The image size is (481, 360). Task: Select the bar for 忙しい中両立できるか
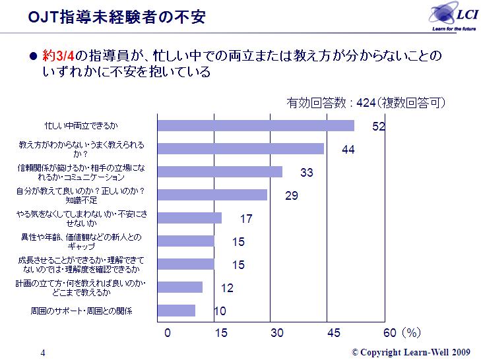[255, 125]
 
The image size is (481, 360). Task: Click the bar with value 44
[240, 149]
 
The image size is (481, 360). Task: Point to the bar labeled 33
[220, 172]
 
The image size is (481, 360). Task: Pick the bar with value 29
[212, 195]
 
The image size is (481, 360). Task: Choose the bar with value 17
[189, 218]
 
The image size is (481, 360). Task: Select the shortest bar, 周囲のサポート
[176, 311]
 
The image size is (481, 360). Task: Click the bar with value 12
[180, 287]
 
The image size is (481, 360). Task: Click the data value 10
[220, 311]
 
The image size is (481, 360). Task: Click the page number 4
[43, 352]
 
